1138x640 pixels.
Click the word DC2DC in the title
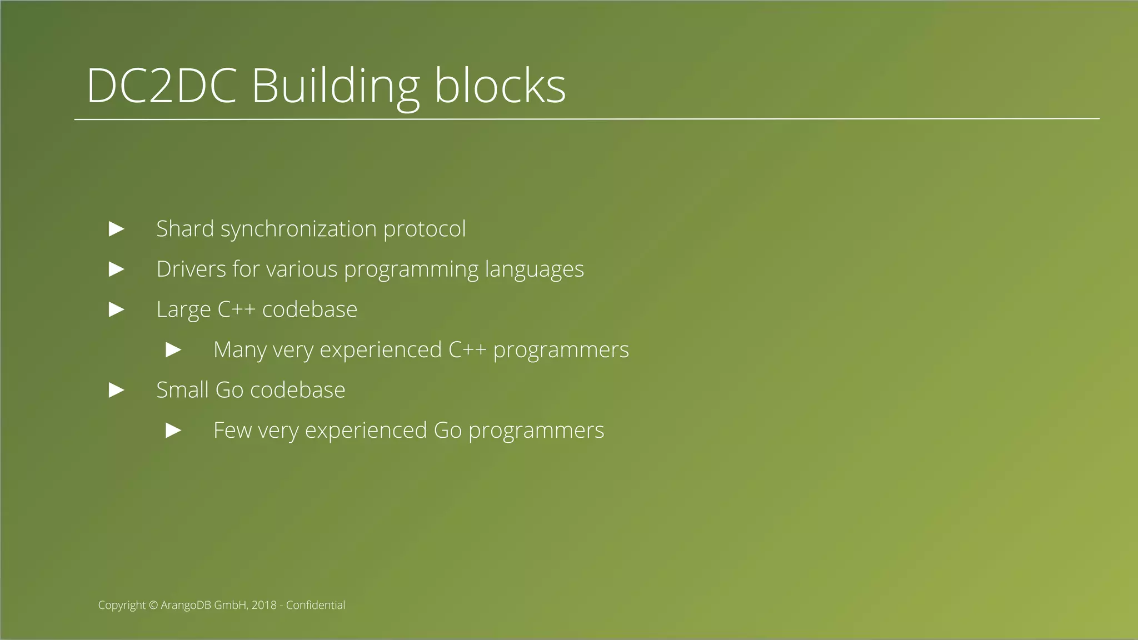[162, 86]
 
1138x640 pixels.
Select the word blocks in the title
[500, 86]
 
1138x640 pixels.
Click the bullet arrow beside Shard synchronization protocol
[116, 229]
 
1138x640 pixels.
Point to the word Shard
[185, 229]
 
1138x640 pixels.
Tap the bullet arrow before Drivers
[116, 269]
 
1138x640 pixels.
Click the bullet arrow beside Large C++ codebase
[116, 309]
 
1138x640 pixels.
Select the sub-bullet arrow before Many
[173, 350]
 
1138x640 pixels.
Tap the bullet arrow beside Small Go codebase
[116, 390]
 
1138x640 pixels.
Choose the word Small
[182, 390]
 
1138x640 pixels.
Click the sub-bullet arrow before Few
[173, 431]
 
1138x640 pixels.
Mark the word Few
[232, 431]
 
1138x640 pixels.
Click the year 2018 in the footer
[264, 605]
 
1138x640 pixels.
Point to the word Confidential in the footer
[316, 605]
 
